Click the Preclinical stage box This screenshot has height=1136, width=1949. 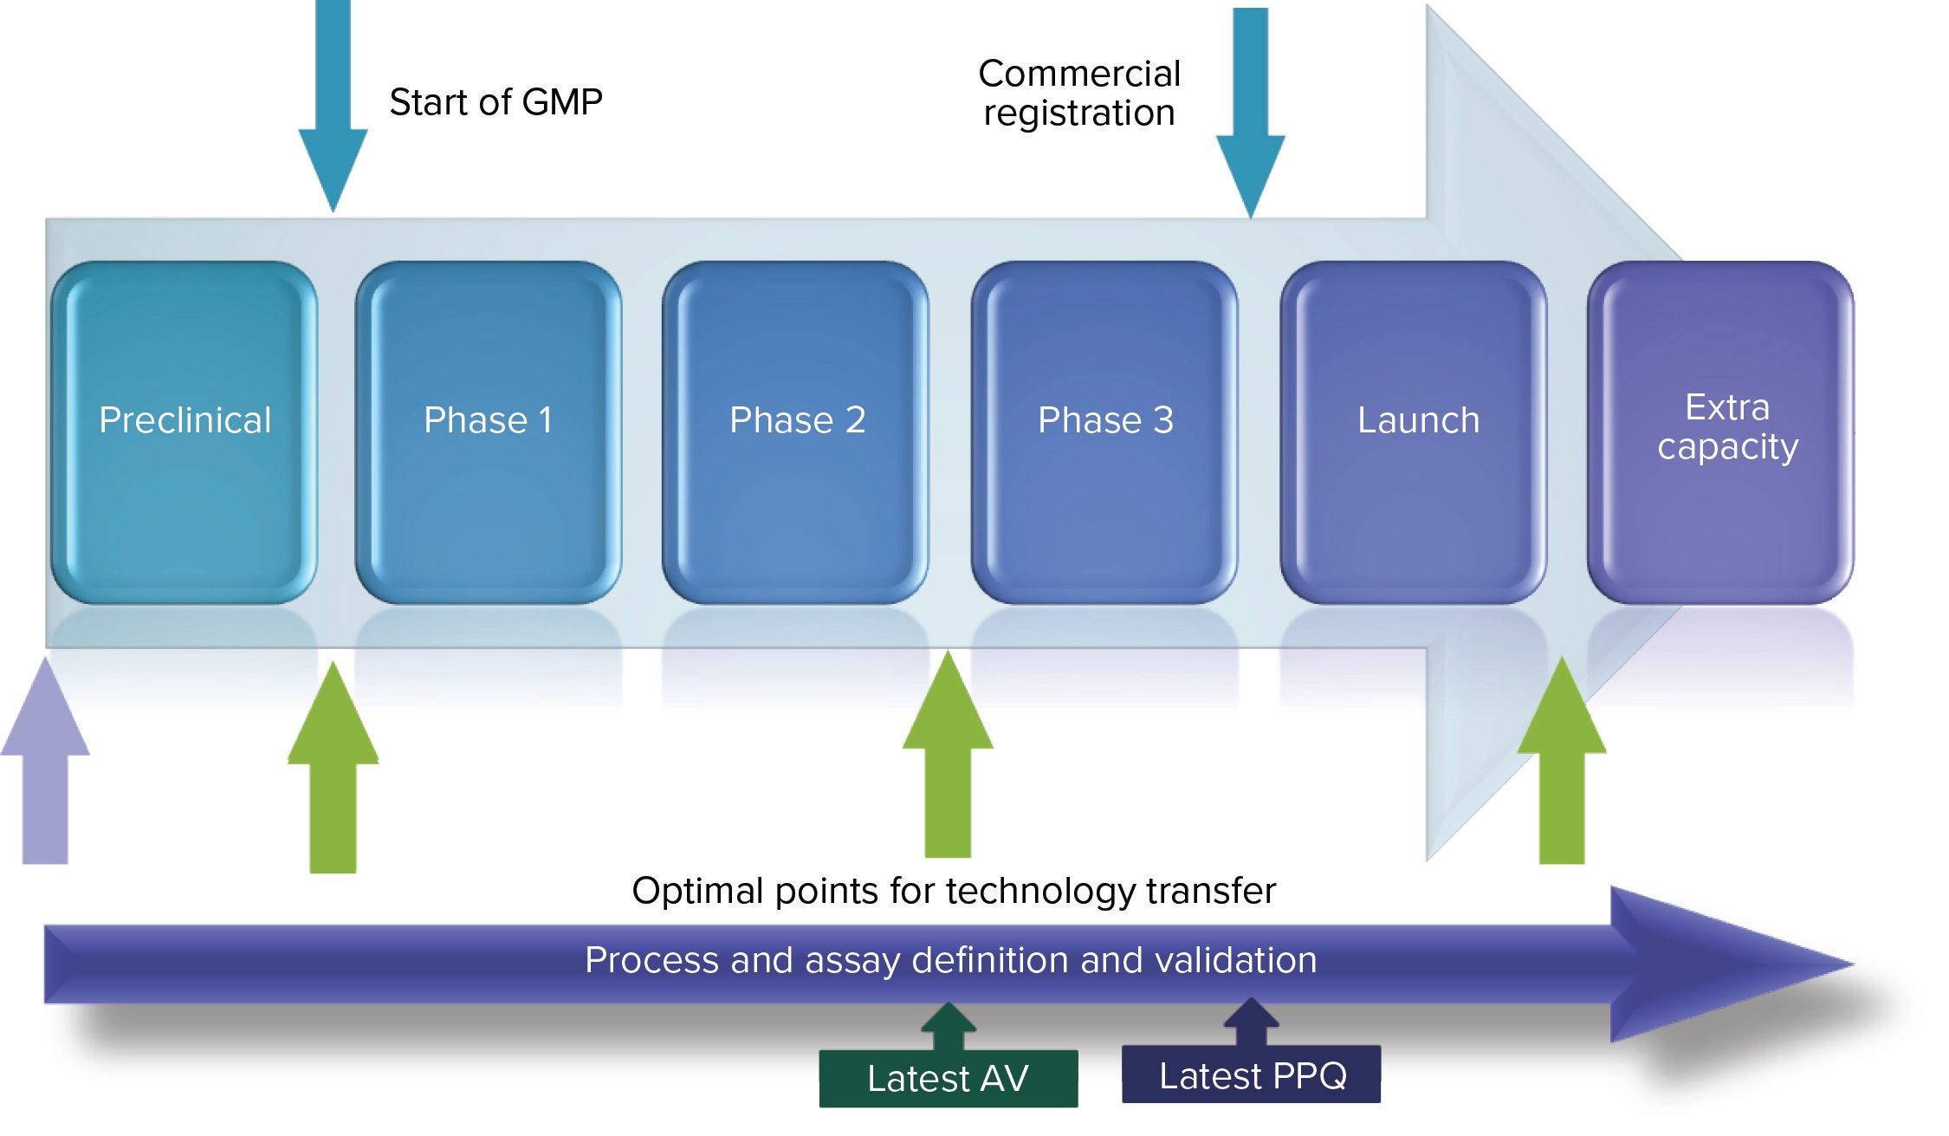[x=185, y=432]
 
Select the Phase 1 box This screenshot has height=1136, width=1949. [x=489, y=432]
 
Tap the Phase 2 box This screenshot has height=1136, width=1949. [x=796, y=432]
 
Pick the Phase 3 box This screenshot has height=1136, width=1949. [x=1104, y=432]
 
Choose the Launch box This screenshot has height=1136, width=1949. [x=1414, y=432]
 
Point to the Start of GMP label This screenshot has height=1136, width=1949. [x=495, y=102]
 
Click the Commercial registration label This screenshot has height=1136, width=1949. [x=1079, y=94]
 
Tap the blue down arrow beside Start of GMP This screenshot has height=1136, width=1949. [x=333, y=113]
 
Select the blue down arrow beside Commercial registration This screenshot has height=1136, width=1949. [x=1251, y=121]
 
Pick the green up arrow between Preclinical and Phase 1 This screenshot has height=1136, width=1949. [x=333, y=771]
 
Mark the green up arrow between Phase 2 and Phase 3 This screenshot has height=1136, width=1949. [x=948, y=758]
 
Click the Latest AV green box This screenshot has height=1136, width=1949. [x=949, y=1079]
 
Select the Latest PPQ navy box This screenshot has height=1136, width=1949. [x=1252, y=1075]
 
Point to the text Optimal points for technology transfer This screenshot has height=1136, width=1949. [x=954, y=891]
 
